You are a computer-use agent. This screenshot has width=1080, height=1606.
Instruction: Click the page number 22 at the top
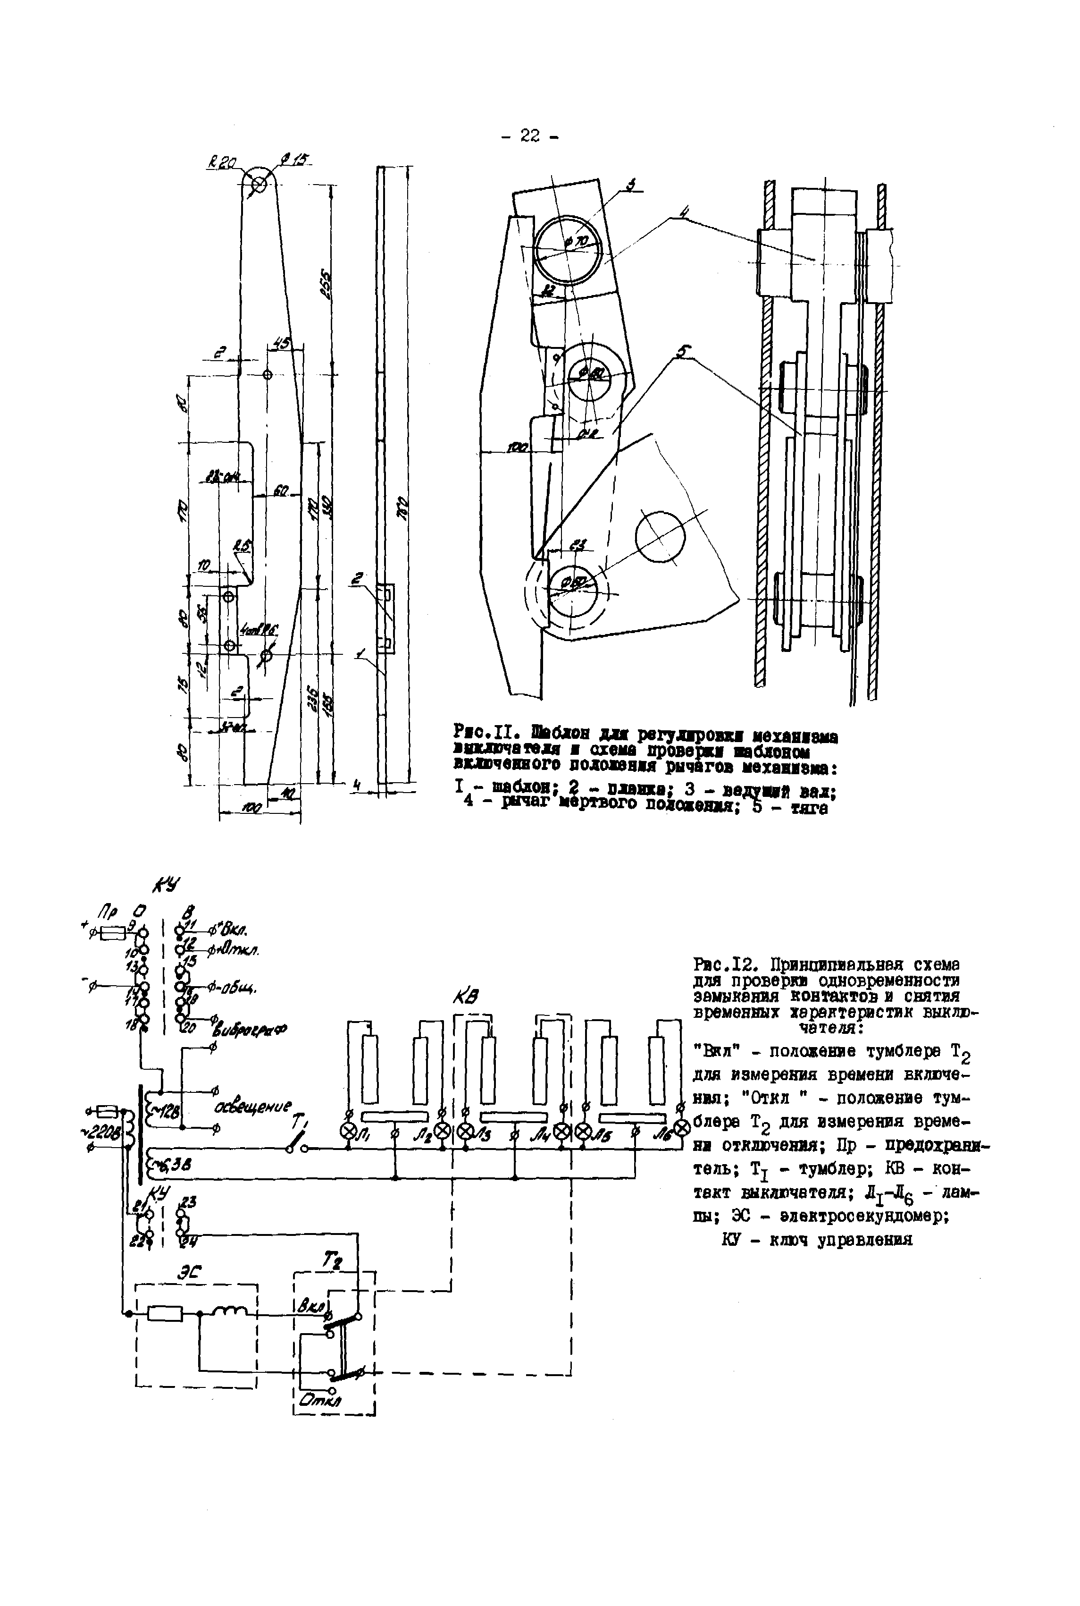[x=530, y=136]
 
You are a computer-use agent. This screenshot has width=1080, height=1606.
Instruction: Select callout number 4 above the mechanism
[x=683, y=214]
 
